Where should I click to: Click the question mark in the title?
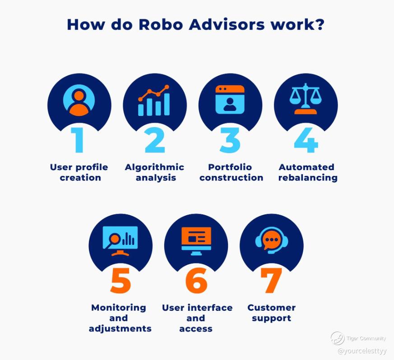click(320, 25)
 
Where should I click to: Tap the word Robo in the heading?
click(161, 25)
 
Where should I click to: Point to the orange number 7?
click(271, 280)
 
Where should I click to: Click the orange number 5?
click(121, 280)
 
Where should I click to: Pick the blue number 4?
click(306, 140)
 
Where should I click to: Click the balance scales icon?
click(306, 99)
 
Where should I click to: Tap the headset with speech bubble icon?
click(272, 240)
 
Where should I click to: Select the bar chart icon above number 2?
click(154, 100)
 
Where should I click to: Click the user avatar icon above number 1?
click(79, 100)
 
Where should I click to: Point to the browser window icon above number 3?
click(230, 100)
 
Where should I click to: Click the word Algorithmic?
click(154, 167)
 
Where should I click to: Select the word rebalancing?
click(308, 178)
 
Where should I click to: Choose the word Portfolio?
click(230, 167)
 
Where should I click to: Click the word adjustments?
click(120, 329)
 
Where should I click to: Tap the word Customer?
click(271, 308)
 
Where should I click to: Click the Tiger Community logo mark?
click(337, 338)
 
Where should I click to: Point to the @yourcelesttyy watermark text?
click(362, 351)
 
